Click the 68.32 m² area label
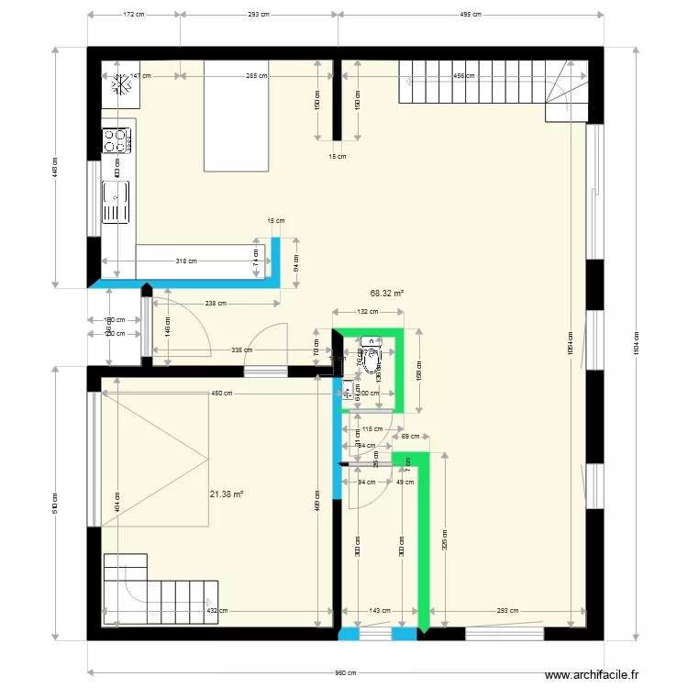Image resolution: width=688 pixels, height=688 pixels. click(386, 294)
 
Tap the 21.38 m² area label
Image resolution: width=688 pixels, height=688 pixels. click(226, 494)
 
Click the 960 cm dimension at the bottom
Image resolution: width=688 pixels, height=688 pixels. click(345, 672)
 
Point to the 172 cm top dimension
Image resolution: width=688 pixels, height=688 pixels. click(134, 15)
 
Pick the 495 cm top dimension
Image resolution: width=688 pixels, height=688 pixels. click(470, 15)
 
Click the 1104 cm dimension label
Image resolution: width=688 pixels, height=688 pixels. click(635, 345)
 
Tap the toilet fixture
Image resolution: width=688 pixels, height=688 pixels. click(372, 360)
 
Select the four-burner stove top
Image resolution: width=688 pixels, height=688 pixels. click(116, 140)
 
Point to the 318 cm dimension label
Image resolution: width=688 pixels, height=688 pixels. click(186, 261)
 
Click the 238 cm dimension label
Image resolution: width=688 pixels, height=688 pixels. click(216, 303)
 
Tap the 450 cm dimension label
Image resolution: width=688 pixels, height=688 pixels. click(221, 394)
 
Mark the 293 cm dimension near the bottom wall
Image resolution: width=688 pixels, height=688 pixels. click(507, 611)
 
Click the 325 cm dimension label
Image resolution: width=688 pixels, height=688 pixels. click(445, 539)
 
